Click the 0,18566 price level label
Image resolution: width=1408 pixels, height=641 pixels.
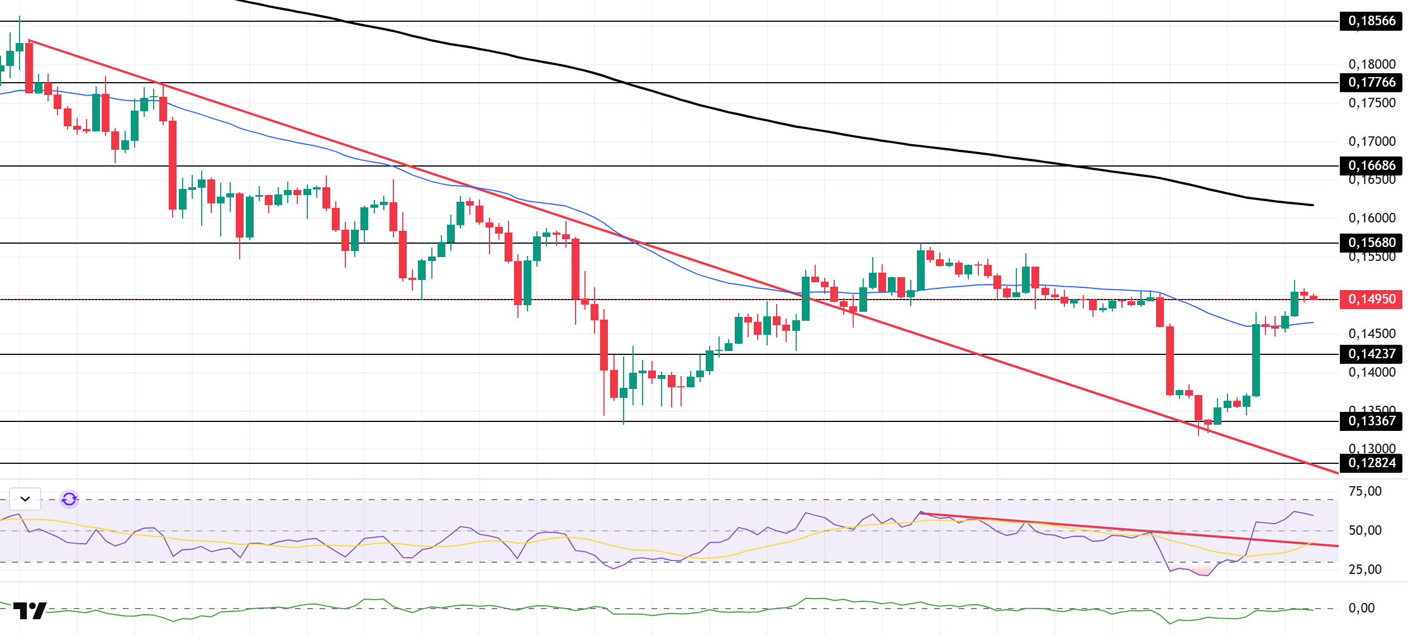[1371, 21]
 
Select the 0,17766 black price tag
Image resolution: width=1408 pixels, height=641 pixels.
[1371, 83]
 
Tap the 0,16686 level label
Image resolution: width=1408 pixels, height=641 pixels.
[1371, 165]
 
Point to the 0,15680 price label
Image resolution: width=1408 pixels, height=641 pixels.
[1371, 243]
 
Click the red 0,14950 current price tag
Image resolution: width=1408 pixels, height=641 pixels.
[1371, 299]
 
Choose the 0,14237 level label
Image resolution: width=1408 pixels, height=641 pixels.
[1371, 354]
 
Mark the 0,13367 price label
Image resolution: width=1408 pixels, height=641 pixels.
[1371, 421]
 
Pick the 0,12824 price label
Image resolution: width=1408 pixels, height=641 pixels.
[1371, 463]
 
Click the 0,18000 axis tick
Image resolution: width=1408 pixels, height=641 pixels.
[1372, 64]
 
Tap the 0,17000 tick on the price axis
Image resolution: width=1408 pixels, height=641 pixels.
[1372, 141]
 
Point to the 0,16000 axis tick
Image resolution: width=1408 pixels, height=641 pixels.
[1372, 218]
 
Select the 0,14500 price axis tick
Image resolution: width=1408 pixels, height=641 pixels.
[1372, 334]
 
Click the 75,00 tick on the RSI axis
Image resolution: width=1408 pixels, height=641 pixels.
[1364, 491]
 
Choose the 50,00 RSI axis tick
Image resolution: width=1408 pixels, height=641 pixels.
[1364, 530]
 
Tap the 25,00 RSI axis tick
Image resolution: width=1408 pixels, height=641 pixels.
[1364, 569]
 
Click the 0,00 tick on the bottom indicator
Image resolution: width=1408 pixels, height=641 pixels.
[1361, 608]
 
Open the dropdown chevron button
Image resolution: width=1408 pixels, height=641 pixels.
[25, 498]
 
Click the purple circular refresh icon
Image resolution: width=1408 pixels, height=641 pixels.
[69, 498]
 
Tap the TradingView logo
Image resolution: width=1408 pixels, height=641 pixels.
[30, 610]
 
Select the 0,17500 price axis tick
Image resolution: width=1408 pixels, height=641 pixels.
[1372, 103]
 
